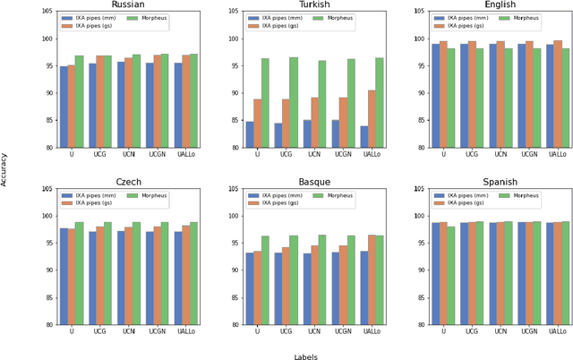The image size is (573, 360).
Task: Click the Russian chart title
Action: (x=129, y=5)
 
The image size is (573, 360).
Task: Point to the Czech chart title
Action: (x=129, y=182)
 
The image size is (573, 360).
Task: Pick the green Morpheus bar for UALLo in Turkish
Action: (x=379, y=103)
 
